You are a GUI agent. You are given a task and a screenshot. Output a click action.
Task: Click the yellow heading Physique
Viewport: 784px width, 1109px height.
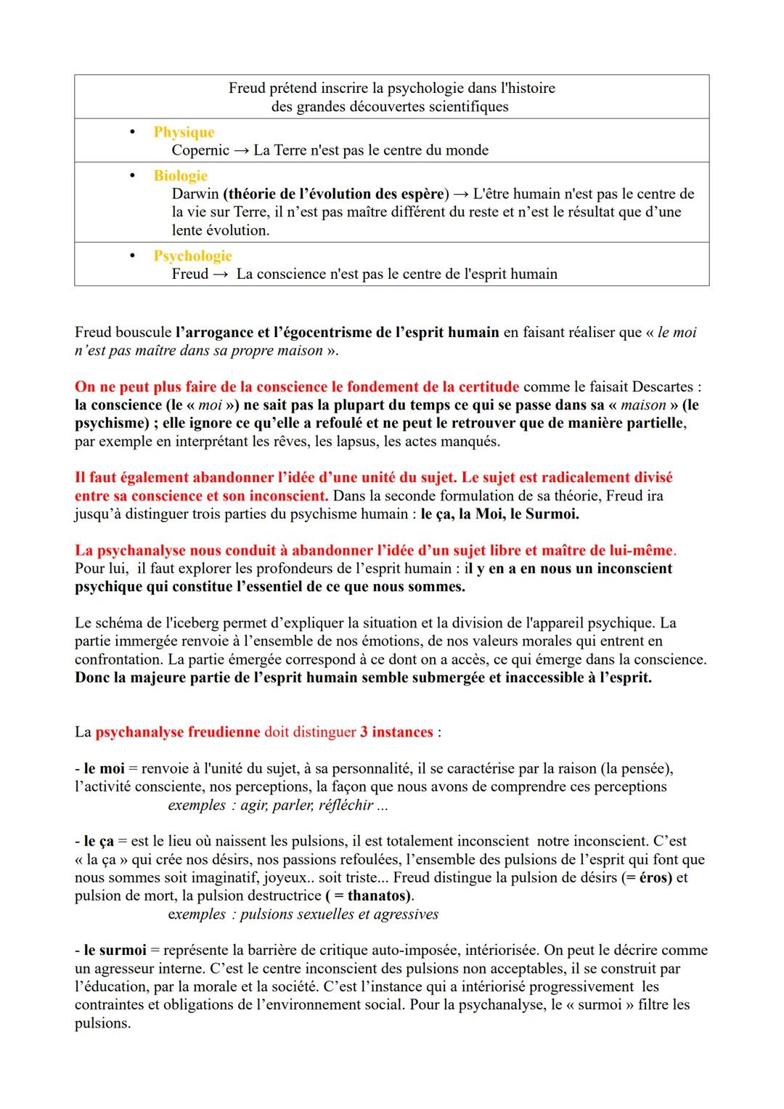(x=184, y=132)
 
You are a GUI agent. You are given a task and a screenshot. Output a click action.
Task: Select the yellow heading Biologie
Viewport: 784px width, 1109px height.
(x=180, y=176)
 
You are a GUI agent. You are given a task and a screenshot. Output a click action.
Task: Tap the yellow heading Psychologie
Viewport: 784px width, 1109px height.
(x=192, y=256)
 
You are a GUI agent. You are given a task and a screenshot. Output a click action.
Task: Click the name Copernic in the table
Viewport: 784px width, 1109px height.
(x=200, y=150)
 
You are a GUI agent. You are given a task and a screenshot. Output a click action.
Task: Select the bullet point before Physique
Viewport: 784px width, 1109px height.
(x=132, y=132)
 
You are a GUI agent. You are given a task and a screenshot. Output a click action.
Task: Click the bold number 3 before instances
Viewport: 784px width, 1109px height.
(x=364, y=732)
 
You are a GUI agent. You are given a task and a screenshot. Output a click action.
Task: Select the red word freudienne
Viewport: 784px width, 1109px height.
(x=224, y=732)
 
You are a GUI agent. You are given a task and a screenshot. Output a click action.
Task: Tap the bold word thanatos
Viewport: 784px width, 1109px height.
(x=376, y=895)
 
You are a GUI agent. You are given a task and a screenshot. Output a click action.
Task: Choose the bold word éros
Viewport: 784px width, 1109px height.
(x=654, y=877)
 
